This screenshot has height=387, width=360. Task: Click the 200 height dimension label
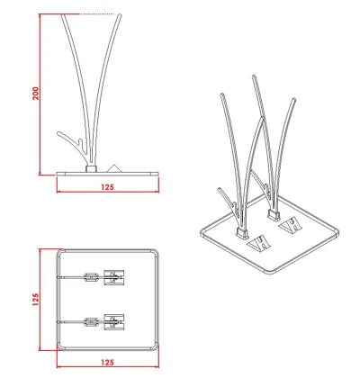click(35, 94)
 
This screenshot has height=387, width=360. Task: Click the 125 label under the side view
click(107, 187)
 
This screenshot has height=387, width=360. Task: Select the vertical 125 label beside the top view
click(35, 300)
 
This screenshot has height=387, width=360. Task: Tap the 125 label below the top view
click(107, 363)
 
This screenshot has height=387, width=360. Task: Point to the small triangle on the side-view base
click(113, 168)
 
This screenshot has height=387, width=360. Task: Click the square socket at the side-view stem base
click(91, 168)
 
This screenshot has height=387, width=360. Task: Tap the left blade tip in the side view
click(62, 15)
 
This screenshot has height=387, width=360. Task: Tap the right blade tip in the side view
click(120, 15)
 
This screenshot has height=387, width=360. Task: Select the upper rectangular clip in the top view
click(114, 277)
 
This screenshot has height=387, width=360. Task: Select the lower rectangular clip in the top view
click(114, 322)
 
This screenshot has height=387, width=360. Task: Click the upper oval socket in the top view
click(91, 276)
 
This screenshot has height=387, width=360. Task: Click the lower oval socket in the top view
click(91, 322)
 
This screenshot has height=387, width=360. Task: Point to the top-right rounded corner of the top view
click(156, 252)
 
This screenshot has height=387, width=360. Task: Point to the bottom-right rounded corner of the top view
click(156, 347)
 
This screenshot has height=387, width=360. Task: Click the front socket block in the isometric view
click(242, 233)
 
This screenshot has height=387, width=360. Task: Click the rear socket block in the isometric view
click(274, 215)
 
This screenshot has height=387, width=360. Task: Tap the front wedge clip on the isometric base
click(259, 243)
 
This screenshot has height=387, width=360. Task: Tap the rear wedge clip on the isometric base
click(291, 225)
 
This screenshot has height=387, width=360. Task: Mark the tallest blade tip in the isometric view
click(254, 76)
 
